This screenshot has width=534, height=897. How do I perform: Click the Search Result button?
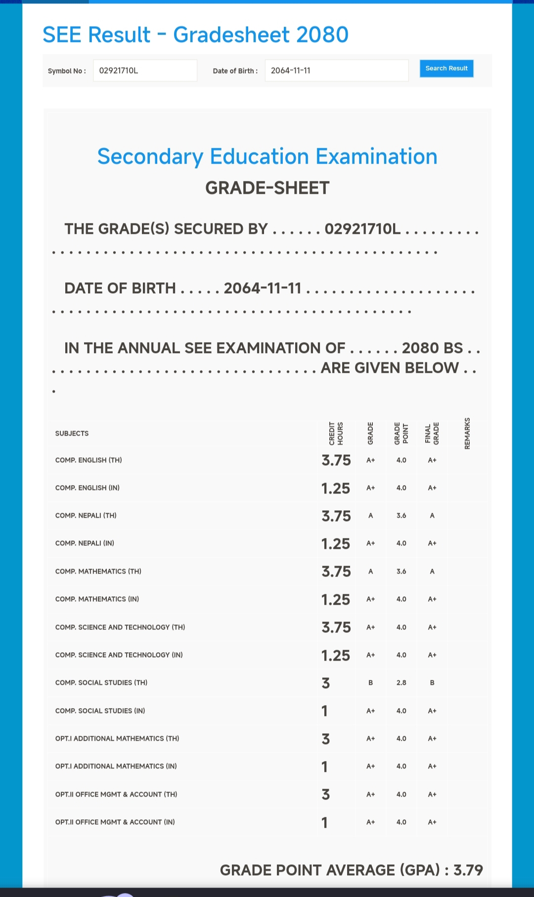(446, 68)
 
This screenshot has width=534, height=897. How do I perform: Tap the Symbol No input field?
(145, 71)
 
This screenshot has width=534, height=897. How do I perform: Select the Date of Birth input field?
(336, 71)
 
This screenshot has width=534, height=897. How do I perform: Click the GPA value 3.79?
(468, 870)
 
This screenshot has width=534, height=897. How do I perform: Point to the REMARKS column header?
(467, 433)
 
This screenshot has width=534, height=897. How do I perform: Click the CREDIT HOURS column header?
(336, 433)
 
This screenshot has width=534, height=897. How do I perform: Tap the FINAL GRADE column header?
(432, 433)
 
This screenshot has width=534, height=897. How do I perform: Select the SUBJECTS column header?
(72, 434)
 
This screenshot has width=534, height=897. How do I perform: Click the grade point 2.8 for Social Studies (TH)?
(401, 683)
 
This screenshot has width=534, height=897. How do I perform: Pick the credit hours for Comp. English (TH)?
(336, 460)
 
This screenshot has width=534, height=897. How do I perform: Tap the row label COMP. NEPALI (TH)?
(86, 516)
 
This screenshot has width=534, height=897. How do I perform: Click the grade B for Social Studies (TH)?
(370, 683)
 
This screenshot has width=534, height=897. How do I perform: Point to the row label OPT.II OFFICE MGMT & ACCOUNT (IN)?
(115, 822)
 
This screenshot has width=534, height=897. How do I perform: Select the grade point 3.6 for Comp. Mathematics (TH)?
(401, 572)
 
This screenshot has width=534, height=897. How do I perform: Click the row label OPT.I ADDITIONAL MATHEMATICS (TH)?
(117, 739)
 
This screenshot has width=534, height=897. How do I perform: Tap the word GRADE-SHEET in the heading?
(267, 188)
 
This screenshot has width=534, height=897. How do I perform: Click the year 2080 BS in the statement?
(432, 348)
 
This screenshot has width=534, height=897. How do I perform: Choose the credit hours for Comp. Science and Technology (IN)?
(336, 655)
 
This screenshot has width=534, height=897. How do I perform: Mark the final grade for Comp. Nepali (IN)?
(432, 543)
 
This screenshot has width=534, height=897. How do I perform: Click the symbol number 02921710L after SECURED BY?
(362, 229)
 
